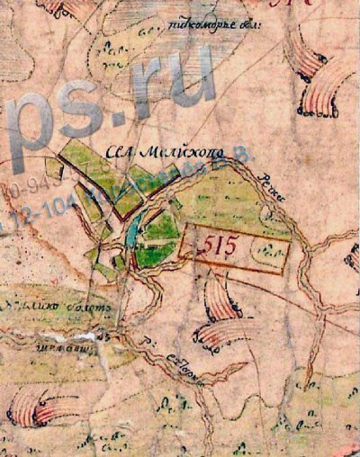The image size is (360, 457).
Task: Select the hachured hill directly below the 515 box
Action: (x=220, y=301)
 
